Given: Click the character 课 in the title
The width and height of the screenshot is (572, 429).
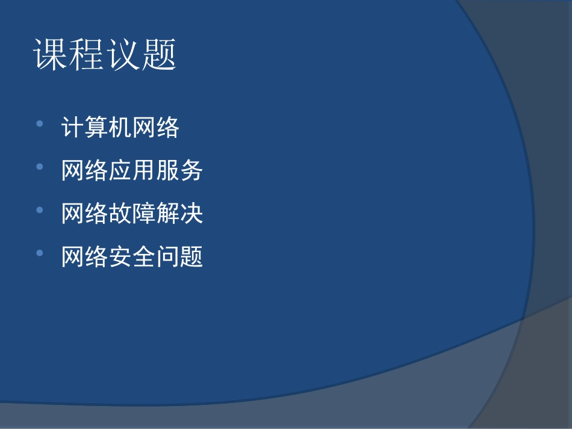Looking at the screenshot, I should tap(51, 55).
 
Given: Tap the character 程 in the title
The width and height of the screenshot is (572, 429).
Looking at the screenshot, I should tap(87, 55).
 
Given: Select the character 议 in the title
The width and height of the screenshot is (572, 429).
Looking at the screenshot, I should tap(123, 55).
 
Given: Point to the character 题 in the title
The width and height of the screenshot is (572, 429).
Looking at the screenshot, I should tap(158, 55).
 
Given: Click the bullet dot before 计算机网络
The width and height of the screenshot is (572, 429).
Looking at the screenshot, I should tap(40, 123).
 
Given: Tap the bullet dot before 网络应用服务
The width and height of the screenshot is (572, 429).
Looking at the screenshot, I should tap(40, 167).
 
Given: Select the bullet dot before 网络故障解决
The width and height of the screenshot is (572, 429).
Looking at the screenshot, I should tap(40, 210).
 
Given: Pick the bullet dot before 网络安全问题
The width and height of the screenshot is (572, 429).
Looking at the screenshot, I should tap(40, 253).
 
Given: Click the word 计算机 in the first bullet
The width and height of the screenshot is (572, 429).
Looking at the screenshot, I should tap(96, 128).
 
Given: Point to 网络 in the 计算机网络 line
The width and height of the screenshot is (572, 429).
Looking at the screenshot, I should tap(156, 128).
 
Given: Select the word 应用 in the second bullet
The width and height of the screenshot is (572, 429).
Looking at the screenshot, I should tap(132, 171).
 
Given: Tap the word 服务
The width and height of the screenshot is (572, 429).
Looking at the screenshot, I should tap(179, 171).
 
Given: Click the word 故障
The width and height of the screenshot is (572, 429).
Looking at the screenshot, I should tap(132, 214).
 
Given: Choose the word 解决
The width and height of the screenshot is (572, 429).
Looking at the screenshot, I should tap(179, 214).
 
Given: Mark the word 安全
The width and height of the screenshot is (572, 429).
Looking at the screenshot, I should tap(132, 258).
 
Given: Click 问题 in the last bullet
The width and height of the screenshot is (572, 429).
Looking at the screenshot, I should tap(179, 258).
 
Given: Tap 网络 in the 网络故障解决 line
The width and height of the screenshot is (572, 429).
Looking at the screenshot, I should tap(85, 214).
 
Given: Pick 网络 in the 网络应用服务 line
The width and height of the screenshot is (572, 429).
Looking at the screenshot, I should tap(85, 171).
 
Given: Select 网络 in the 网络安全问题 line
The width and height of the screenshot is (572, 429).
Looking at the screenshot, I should tap(85, 258).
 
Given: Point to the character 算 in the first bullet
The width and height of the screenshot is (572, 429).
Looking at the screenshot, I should tap(96, 128).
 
